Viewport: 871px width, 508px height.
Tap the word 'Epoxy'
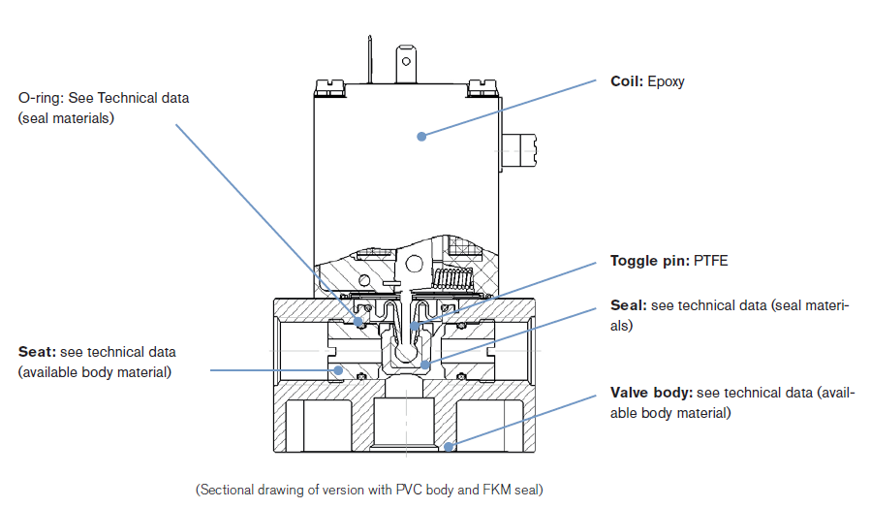[x=666, y=81]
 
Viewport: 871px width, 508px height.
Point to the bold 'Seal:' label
[x=628, y=305]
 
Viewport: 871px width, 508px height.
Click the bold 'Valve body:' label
[x=651, y=393]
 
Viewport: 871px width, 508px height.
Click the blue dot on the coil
[x=421, y=137]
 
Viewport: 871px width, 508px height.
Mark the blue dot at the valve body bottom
[x=448, y=446]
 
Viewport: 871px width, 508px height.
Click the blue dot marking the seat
[x=338, y=369]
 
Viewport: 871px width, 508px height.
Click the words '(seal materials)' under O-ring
[x=66, y=118]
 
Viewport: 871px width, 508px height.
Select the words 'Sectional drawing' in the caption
[x=242, y=490]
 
